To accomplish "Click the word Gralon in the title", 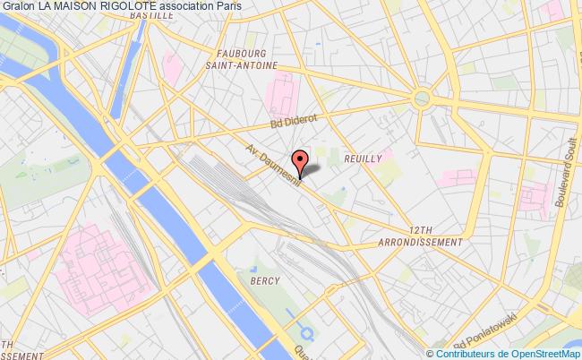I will [x=18, y=7].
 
